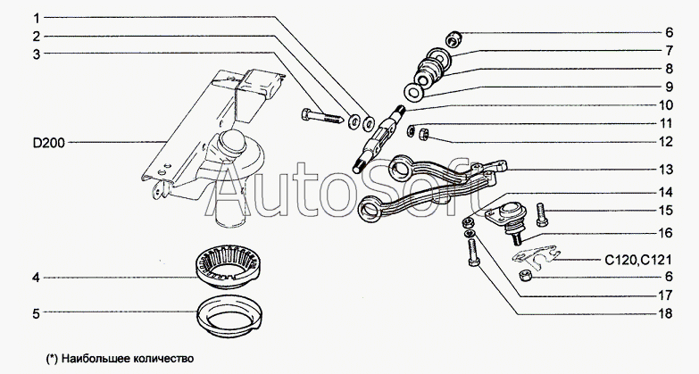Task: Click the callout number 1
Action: click(37, 18)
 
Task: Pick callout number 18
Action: click(665, 313)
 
